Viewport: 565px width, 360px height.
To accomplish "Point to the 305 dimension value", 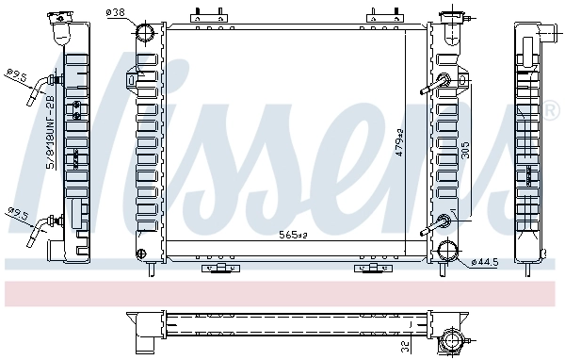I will (x=465, y=152).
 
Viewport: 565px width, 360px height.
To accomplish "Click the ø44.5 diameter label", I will (x=482, y=260).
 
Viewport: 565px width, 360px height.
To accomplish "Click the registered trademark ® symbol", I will (x=551, y=112).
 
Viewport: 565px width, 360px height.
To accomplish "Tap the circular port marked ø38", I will (x=146, y=35).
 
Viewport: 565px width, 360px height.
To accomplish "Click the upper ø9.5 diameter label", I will (x=16, y=74).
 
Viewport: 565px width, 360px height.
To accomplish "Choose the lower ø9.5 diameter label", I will (x=16, y=213).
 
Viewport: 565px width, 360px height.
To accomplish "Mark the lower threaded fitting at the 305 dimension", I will (x=443, y=223).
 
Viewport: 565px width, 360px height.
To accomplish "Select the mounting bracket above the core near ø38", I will (x=208, y=16).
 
